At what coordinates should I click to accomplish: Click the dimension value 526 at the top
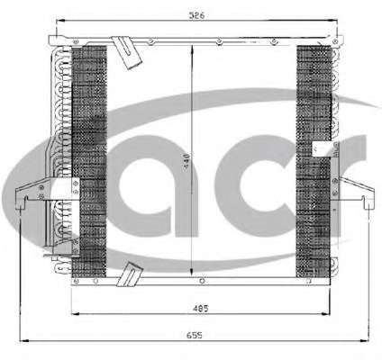click(x=196, y=15)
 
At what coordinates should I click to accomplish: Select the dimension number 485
click(x=200, y=309)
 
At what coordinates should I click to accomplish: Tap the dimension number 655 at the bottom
click(x=195, y=335)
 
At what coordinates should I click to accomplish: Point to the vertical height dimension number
click(x=186, y=162)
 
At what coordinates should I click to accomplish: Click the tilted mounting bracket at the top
click(x=126, y=52)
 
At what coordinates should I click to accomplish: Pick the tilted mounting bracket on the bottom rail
click(x=129, y=274)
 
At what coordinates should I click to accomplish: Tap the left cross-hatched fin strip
click(x=89, y=161)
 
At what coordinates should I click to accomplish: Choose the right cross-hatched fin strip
click(x=314, y=161)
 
